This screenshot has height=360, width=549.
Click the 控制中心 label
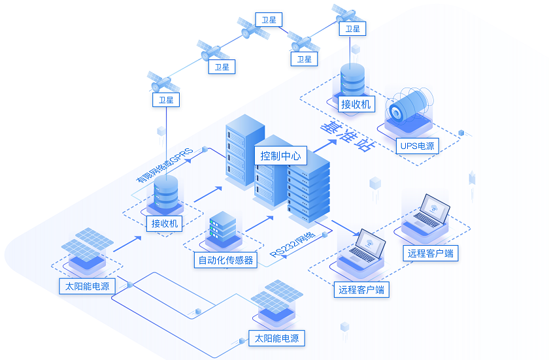pos(280,155)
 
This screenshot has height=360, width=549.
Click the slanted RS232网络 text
pos(293,244)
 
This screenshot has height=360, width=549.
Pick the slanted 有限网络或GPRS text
pos(164,163)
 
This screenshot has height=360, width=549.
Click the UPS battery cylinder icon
pos(408,106)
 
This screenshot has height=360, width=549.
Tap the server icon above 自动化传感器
pos(222,229)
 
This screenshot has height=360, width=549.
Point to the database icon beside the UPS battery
pos(352,79)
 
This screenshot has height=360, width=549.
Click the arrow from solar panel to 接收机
pos(127,244)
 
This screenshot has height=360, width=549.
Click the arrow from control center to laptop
pos(346,228)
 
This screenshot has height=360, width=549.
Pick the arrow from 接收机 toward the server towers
pos(209,193)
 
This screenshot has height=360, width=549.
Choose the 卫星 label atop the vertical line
pos(165,100)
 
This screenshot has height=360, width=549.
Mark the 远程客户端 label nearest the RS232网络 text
pos(361,289)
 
